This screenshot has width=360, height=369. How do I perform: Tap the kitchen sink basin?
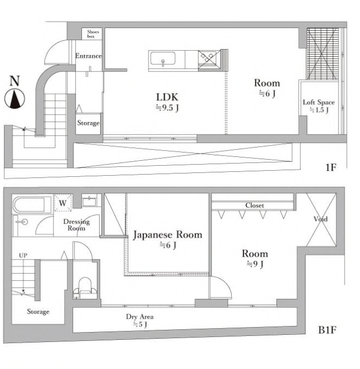coord(163,58)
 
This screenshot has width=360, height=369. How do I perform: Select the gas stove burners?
coord(207,57)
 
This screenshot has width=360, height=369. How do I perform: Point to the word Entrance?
coord(89,56)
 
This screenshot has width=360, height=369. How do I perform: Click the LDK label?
coord(167,97)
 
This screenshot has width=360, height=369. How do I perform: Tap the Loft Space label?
coord(319,102)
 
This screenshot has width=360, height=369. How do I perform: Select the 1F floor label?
coord(331,167)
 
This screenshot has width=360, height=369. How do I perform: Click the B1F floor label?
coord(327,330)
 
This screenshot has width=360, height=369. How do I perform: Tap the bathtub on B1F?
coord(29,204)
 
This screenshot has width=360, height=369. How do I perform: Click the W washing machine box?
coord(63,203)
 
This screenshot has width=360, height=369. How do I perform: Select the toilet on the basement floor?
coord(85,289)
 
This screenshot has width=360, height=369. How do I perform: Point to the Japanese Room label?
coord(168,235)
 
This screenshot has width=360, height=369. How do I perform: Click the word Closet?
coord(255,205)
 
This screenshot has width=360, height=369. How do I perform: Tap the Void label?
coord(320,219)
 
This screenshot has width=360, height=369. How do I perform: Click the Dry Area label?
coord(140,317)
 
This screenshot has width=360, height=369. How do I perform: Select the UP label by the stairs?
coord(23,256)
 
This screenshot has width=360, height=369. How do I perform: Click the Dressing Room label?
coord(77,225)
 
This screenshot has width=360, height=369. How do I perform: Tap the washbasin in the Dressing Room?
coord(90,202)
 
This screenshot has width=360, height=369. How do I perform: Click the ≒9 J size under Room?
coord(255,264)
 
